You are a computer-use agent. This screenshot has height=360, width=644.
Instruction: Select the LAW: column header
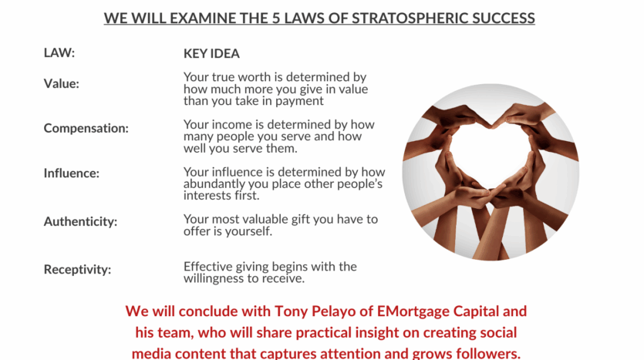point(59,53)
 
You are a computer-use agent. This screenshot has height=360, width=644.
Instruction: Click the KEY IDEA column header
point(211,53)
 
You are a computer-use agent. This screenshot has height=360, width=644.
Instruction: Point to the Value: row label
point(61,84)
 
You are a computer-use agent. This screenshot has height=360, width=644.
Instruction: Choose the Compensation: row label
point(86,129)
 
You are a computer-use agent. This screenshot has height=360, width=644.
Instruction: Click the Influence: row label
point(72,173)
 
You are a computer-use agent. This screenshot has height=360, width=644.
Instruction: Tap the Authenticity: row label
point(80,222)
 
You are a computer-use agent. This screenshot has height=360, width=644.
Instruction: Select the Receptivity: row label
point(77,270)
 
